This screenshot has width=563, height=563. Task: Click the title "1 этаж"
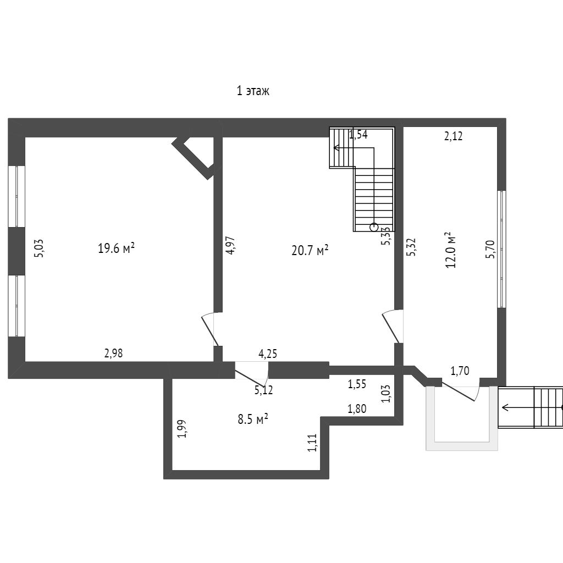tap(253, 91)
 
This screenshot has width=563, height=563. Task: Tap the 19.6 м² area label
tap(117, 249)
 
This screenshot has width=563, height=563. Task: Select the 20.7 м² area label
tap(310, 251)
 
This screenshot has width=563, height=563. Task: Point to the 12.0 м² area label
tap(451, 250)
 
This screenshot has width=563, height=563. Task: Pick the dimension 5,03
tap(38, 248)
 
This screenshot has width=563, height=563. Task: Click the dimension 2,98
tap(113, 354)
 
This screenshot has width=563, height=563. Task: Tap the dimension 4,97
tap(230, 245)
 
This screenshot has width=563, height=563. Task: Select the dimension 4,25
tap(268, 354)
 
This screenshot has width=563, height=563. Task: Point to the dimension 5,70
tap(490, 249)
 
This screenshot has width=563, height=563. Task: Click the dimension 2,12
tap(453, 136)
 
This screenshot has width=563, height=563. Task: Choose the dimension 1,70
tap(460, 371)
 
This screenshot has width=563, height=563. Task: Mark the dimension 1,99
tap(183, 429)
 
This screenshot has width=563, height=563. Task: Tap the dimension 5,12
tap(263, 391)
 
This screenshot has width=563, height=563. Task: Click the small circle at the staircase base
tap(374, 226)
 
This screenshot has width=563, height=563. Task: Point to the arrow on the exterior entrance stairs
tap(517, 407)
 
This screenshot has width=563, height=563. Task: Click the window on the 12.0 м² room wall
tap(501, 249)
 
